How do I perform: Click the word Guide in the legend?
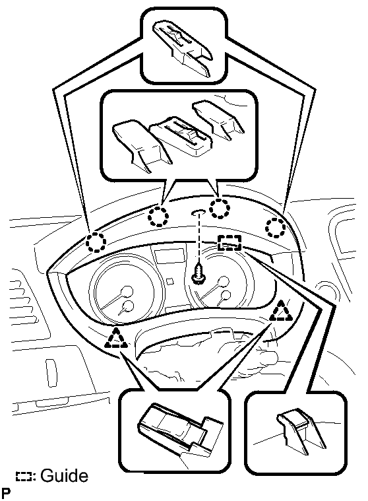[x=65, y=476]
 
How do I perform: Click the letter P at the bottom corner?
[x=6, y=493]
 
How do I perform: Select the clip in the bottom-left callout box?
[x=179, y=428]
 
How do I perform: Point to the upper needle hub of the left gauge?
[x=127, y=291]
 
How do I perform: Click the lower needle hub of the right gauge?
[x=226, y=295]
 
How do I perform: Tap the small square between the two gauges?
[x=169, y=281]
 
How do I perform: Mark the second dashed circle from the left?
[x=158, y=217]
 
